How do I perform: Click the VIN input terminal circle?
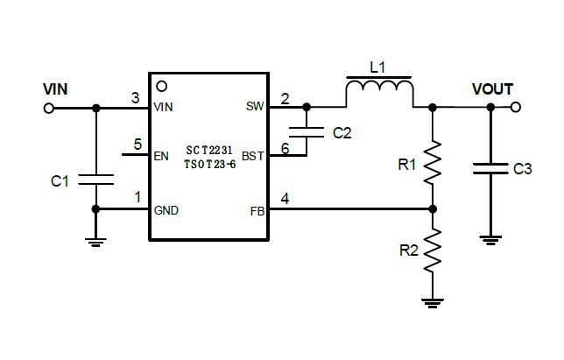49,108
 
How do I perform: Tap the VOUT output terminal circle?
516,107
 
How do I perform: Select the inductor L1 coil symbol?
379,89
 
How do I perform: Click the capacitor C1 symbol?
95,180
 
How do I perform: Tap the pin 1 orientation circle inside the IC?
160,87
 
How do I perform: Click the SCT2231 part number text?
210,151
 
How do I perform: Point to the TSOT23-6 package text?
210,164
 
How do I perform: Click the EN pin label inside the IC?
161,157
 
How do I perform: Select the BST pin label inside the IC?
252,157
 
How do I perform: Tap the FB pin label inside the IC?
257,210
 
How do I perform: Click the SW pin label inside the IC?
255,107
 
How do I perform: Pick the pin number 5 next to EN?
137,145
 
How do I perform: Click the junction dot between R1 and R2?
432,209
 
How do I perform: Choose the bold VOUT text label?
492,89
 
